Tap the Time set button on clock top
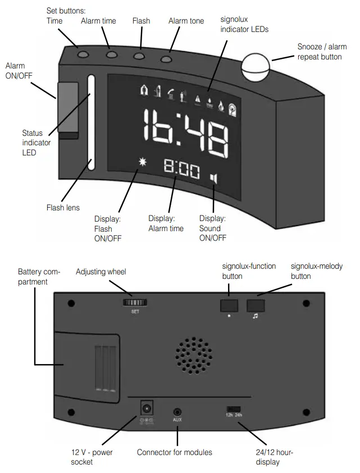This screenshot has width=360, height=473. (83, 54)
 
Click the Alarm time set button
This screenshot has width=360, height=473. (111, 55)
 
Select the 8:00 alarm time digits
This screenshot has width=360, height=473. (181, 169)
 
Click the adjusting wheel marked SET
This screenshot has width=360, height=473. (134, 302)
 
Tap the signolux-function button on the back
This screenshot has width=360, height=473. (230, 304)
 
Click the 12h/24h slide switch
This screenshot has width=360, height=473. (234, 409)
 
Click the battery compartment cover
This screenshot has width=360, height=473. (87, 365)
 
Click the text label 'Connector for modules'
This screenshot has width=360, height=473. (175, 452)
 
